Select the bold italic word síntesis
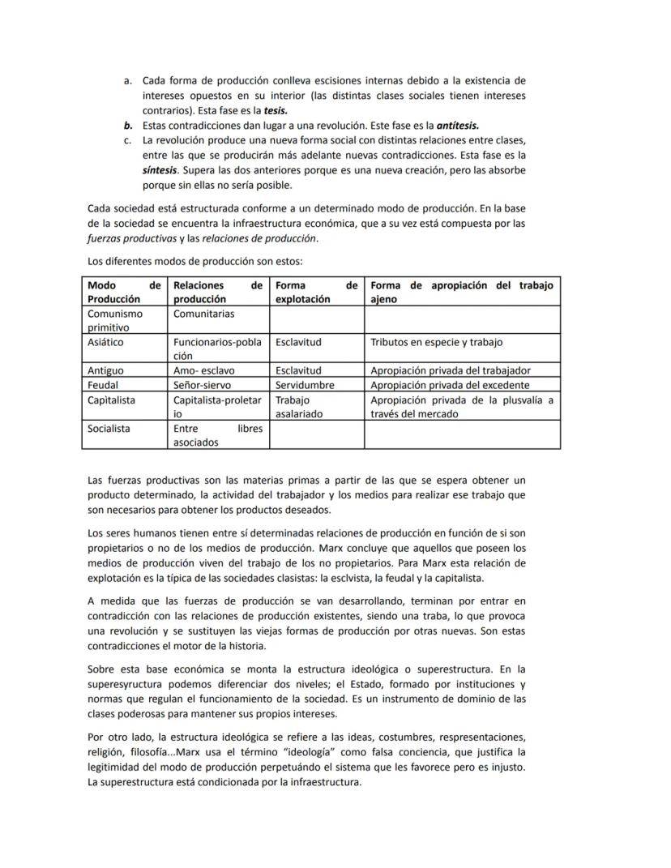point(160,169)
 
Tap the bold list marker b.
point(128,126)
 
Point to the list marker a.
point(128,81)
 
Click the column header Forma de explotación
point(315,292)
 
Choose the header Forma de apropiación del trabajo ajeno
point(461,292)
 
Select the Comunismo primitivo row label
point(115,320)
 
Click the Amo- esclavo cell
point(204,370)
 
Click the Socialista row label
point(109,428)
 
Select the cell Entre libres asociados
point(217,435)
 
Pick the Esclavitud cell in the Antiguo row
point(299,370)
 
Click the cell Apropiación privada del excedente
point(450,385)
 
